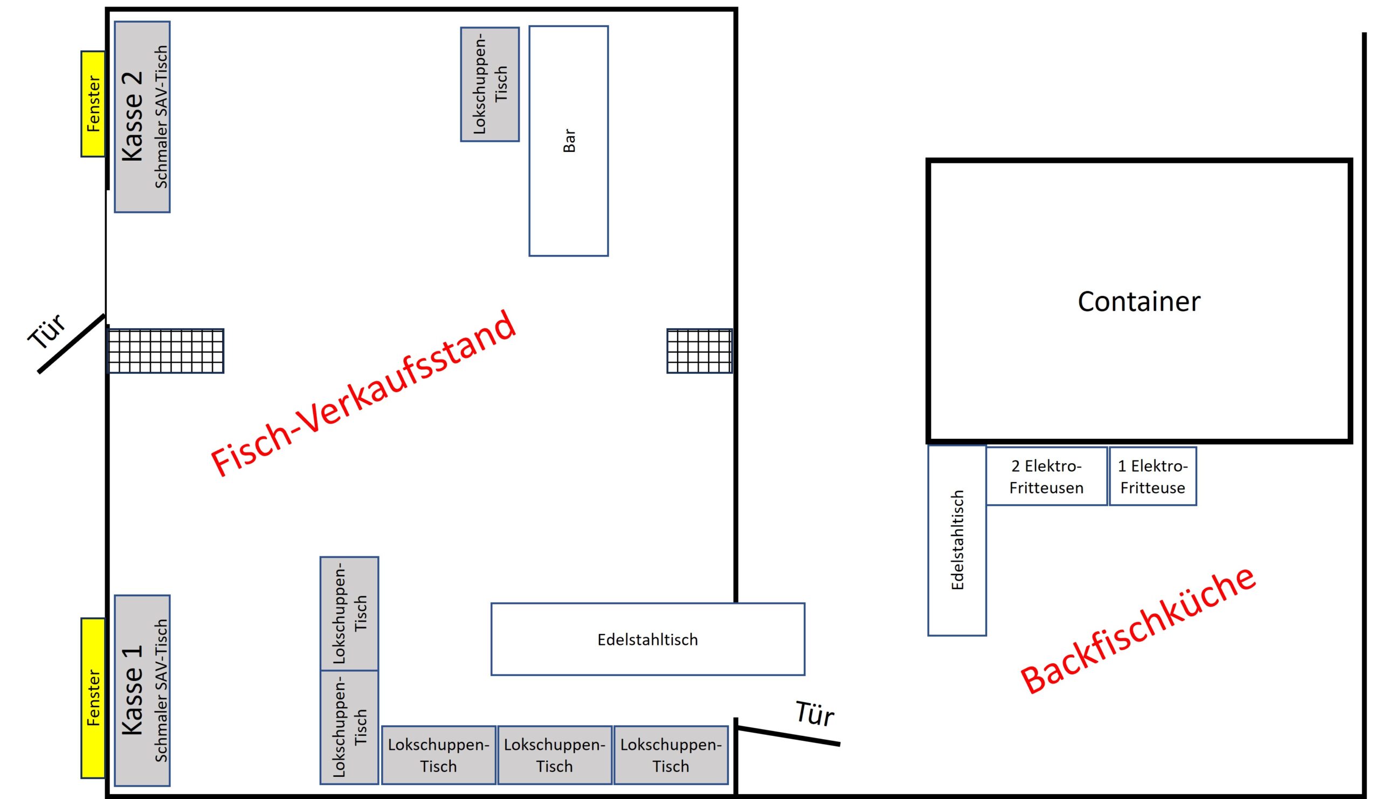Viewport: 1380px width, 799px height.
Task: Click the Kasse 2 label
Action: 133,116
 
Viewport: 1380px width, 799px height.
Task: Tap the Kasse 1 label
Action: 133,690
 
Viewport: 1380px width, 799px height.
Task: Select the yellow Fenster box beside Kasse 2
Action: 93,104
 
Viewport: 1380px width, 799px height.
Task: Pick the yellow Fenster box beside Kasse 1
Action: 93,698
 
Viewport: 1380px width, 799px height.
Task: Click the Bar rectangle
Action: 568,141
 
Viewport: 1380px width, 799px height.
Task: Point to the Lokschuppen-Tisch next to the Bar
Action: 489,84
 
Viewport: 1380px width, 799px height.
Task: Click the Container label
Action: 1138,302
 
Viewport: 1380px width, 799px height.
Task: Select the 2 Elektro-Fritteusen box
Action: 1046,477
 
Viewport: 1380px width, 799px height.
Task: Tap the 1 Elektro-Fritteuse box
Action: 1152,477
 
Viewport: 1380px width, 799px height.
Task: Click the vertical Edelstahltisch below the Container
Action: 957,541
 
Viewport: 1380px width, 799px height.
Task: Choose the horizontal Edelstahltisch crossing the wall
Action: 647,639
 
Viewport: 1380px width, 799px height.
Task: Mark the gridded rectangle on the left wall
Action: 165,351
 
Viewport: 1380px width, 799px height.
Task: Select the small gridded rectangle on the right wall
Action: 699,351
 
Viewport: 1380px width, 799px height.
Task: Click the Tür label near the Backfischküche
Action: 815,714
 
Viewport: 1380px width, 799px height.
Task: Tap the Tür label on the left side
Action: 47,332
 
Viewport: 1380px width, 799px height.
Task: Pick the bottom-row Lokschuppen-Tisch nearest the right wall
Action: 670,755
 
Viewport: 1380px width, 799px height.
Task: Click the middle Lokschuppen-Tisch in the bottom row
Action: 554,755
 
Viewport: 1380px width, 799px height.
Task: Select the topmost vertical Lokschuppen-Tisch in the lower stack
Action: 349,614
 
